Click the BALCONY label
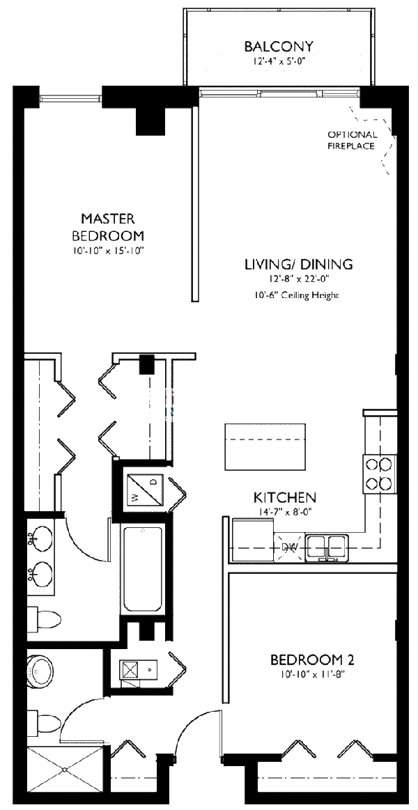[279, 47]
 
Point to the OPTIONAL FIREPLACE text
[353, 140]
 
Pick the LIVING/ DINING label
[298, 264]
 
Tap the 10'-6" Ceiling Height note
[297, 295]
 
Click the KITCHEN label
[284, 497]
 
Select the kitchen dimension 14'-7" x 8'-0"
[284, 513]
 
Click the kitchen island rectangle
[265, 446]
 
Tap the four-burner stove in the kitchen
[378, 473]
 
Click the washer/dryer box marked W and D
[145, 488]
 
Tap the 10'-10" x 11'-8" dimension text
[307, 674]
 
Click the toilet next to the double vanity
[43, 617]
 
